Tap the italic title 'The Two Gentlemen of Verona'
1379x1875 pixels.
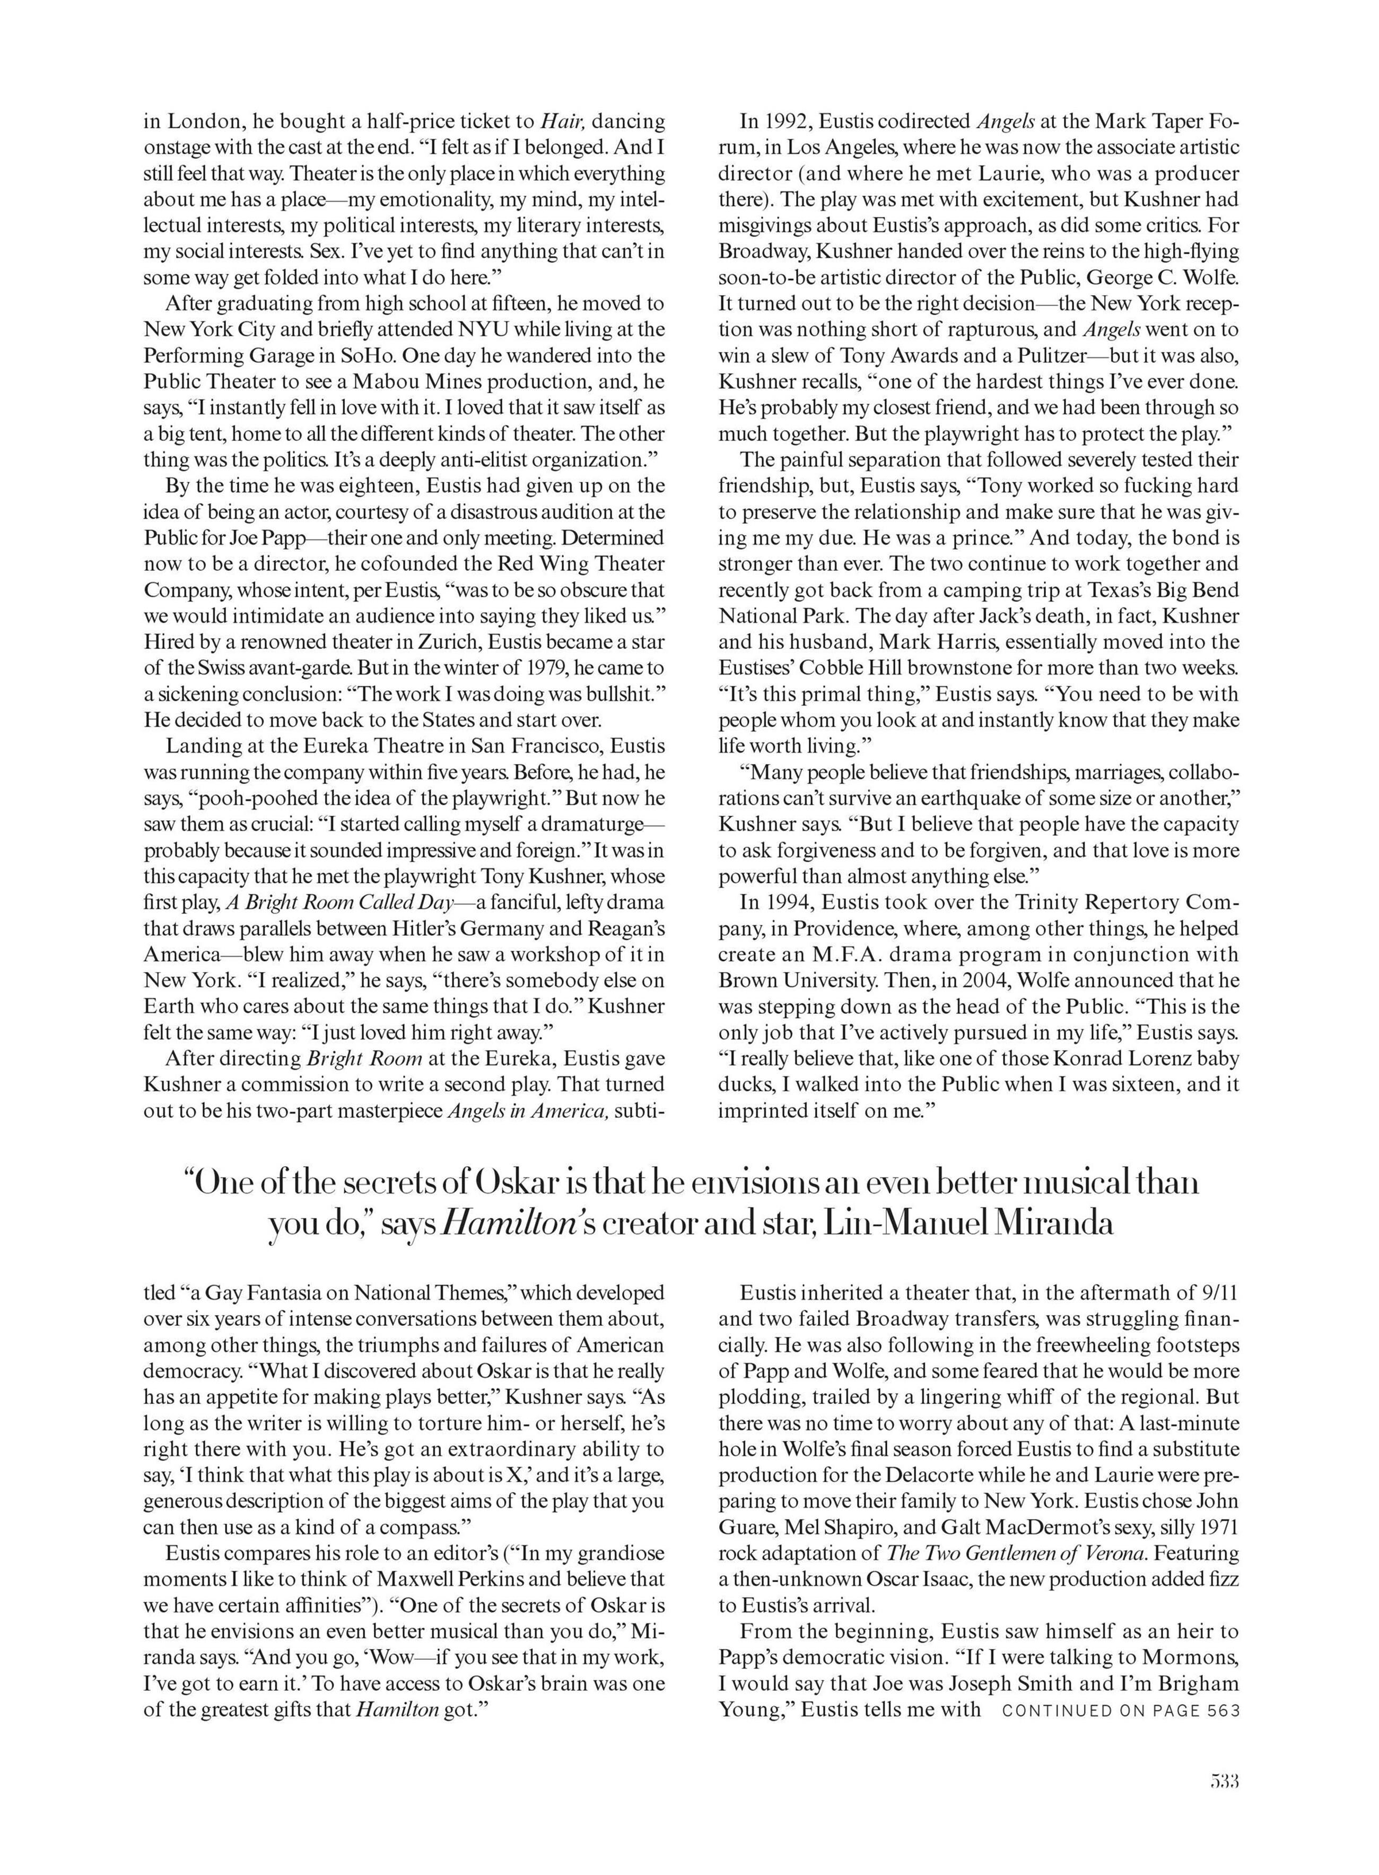click(x=1016, y=1553)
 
